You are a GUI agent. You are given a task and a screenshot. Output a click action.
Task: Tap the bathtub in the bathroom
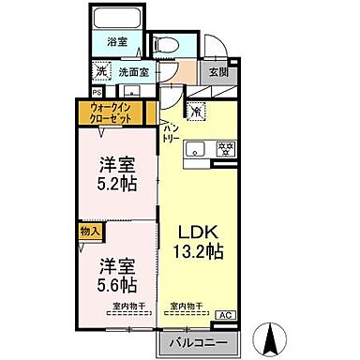click(x=115, y=21)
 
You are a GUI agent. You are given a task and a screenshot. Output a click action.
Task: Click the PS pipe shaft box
click(x=97, y=91)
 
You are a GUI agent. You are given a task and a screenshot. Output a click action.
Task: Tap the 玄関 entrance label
click(x=218, y=71)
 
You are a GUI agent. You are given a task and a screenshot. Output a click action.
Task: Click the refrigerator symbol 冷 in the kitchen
click(x=197, y=112)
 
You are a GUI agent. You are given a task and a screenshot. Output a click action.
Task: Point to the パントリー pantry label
click(x=171, y=131)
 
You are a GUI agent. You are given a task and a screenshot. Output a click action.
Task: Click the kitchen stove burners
click(x=224, y=148)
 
